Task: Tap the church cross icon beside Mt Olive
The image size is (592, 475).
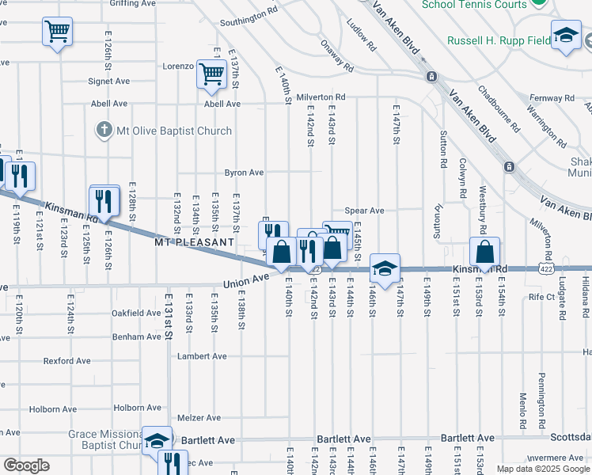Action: pyautogui.click(x=104, y=130)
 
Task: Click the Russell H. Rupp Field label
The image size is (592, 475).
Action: pyautogui.click(x=498, y=40)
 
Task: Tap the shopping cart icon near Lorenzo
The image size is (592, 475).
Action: pyautogui.click(x=212, y=74)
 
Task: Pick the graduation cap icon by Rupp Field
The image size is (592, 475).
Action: pyautogui.click(x=566, y=36)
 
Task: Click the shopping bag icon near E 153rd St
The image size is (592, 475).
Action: pyautogui.click(x=484, y=252)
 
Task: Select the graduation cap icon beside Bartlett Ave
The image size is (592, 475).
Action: pyautogui.click(x=156, y=440)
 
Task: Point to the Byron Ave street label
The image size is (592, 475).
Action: pyautogui.click(x=244, y=172)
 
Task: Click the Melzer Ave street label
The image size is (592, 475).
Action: pyautogui.click(x=199, y=417)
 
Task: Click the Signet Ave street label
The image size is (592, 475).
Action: pyautogui.click(x=109, y=81)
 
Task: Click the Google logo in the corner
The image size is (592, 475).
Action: pyautogui.click(x=26, y=465)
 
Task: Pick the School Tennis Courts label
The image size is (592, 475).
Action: pyautogui.click(x=474, y=5)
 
